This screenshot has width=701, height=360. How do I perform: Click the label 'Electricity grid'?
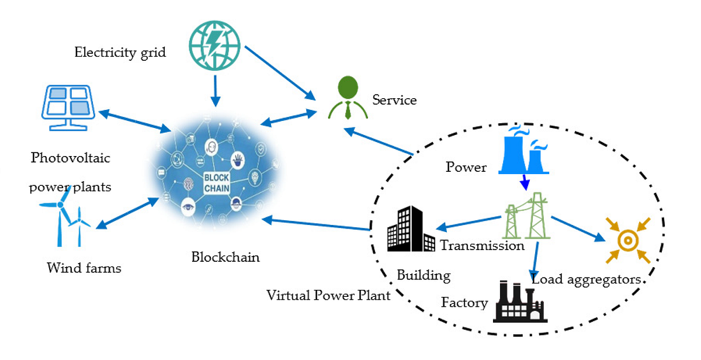120,53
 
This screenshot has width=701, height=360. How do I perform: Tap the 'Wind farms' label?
84,268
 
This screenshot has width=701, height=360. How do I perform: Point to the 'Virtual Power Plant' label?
328,295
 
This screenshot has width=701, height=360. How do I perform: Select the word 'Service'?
394,100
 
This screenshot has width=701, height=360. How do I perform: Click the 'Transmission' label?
482,245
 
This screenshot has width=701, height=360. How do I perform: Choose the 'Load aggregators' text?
587,279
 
